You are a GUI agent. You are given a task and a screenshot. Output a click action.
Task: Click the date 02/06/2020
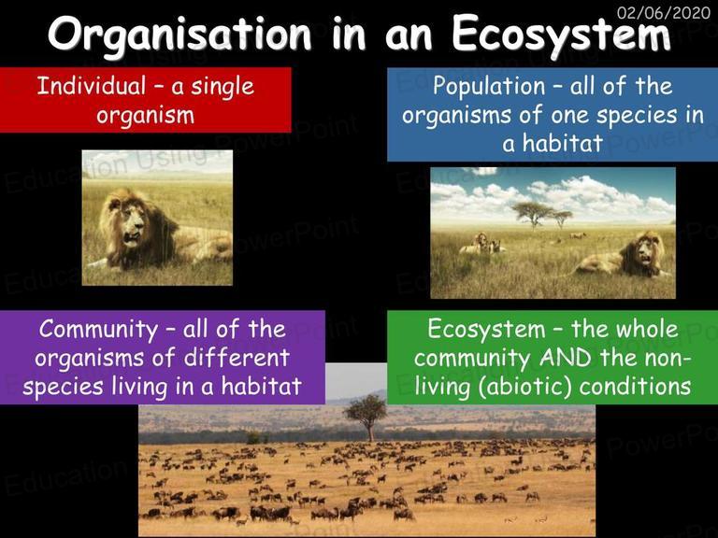(x=664, y=12)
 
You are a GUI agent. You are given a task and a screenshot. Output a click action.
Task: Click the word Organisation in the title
(x=179, y=35)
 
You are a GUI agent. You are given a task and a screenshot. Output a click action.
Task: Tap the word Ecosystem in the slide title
(x=561, y=35)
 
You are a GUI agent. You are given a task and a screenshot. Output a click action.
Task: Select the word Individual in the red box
(x=92, y=86)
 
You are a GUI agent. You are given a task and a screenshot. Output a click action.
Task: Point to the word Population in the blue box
(x=489, y=87)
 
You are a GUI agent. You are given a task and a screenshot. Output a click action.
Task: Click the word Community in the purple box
(x=98, y=331)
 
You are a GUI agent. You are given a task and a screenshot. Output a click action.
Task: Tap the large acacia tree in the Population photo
(x=533, y=214)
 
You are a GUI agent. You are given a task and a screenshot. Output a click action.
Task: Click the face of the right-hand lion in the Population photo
(x=645, y=251)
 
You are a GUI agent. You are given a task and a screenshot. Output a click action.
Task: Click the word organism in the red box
(x=145, y=115)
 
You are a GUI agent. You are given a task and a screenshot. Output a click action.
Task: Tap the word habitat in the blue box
(x=562, y=143)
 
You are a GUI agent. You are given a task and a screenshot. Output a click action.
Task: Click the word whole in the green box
(x=647, y=330)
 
